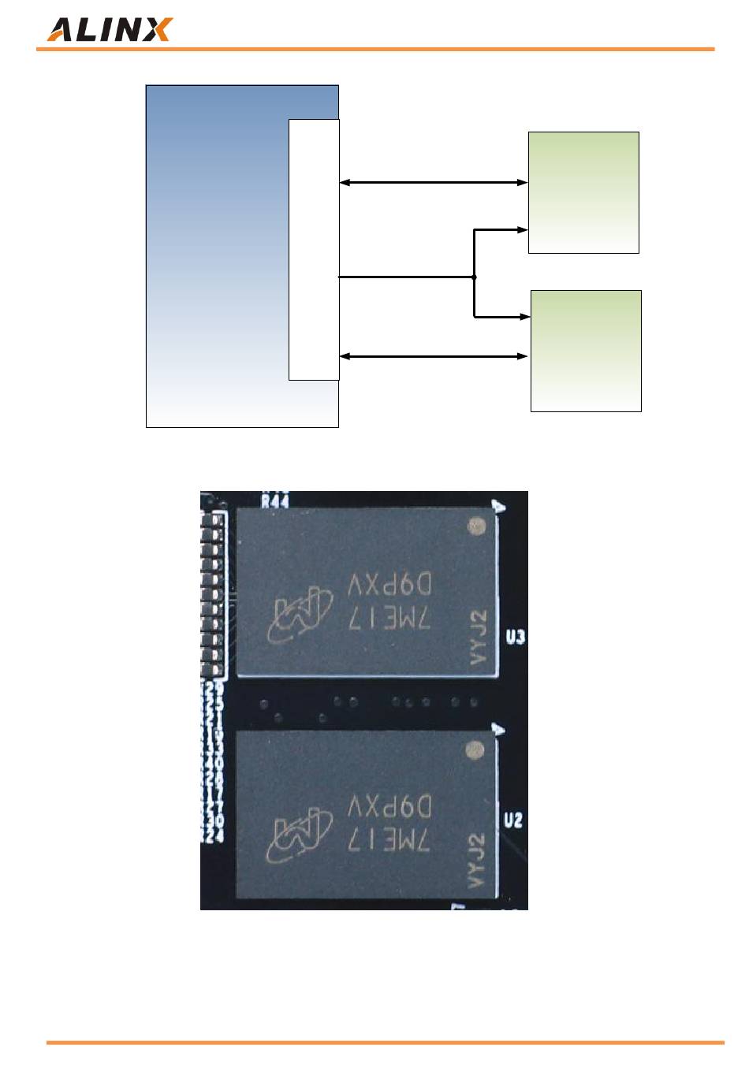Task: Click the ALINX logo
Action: [x=109, y=30]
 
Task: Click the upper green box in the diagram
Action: [x=583, y=192]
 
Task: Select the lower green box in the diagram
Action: [x=586, y=351]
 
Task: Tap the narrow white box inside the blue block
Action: [x=314, y=249]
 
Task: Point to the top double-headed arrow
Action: [x=433, y=183]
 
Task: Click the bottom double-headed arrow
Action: [x=433, y=356]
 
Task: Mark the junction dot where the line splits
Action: [x=474, y=277]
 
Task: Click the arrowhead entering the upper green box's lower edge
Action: [x=522, y=230]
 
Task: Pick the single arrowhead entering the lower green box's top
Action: [x=524, y=317]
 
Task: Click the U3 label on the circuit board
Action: [x=515, y=637]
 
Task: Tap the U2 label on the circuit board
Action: [x=513, y=820]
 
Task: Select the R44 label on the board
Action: [x=274, y=500]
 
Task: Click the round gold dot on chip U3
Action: [x=475, y=525]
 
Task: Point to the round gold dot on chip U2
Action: [x=474, y=749]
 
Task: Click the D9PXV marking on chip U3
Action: [x=389, y=586]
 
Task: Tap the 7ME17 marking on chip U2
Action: [x=389, y=842]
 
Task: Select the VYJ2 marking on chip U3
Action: [x=479, y=637]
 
